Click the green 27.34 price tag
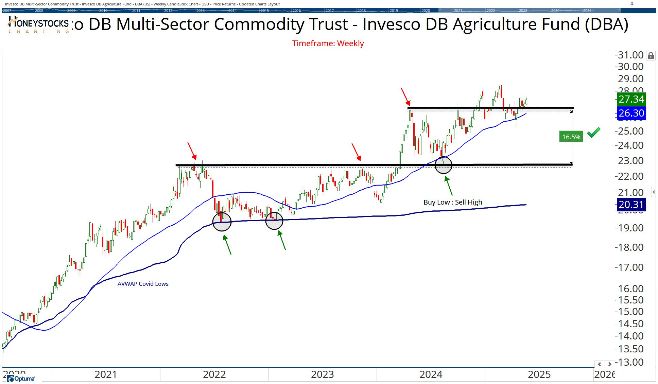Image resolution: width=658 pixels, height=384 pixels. pos(631,99)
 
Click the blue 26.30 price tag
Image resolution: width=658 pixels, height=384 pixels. pos(631,113)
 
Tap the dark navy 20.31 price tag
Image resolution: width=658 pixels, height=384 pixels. pos(631,205)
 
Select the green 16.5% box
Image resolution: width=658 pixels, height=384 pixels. pos(571,137)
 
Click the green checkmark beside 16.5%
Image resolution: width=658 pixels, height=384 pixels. pos(593,132)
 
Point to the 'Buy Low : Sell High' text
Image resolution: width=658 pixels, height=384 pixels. pos(453,202)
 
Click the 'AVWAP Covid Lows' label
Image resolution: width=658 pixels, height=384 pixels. pos(143,284)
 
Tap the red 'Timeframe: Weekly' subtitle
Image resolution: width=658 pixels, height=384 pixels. pos(328,43)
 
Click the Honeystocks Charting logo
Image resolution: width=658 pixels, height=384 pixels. pos(38,25)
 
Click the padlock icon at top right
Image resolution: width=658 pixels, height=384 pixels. pos(651,55)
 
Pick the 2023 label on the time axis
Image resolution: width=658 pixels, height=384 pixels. pos(322,374)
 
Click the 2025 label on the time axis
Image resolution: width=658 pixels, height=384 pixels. pos(539,374)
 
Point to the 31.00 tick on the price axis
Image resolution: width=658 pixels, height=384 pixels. pos(630,55)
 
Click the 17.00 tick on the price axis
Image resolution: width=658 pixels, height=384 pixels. pos(630,267)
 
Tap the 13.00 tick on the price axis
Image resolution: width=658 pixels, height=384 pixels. pos(630,362)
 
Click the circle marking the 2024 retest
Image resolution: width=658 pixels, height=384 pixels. pos(444,165)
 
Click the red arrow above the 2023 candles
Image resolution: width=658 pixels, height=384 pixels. pos(356,152)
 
